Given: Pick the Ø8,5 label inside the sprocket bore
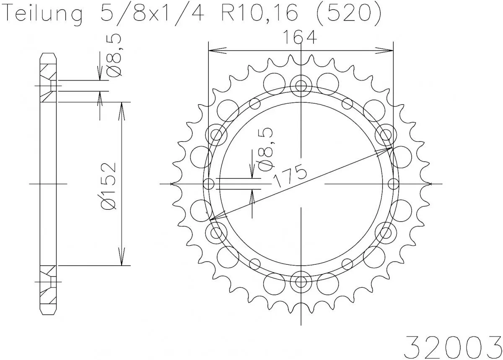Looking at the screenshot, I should (x=267, y=149).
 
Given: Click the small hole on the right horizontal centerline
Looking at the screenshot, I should (x=393, y=184).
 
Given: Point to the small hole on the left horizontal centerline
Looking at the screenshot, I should (x=209, y=184).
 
